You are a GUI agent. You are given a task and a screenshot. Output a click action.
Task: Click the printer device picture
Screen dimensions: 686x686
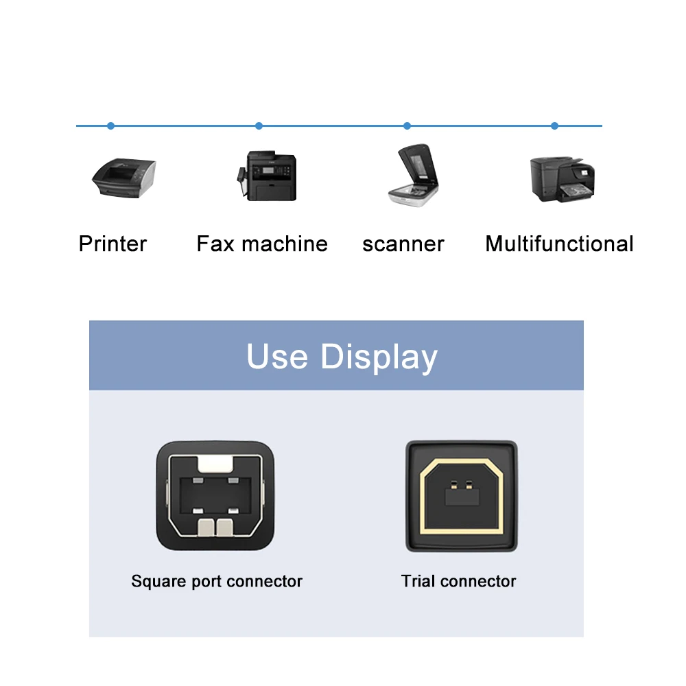(123, 177)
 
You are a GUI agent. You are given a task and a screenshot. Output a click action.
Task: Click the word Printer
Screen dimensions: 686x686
(113, 244)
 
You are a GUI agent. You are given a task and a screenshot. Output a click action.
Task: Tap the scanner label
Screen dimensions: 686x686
(403, 244)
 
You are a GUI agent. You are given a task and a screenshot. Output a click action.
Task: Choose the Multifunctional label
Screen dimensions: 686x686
(559, 244)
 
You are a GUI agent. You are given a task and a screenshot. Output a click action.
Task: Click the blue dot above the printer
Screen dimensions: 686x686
(110, 126)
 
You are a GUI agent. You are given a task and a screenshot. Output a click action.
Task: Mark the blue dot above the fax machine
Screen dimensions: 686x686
(259, 126)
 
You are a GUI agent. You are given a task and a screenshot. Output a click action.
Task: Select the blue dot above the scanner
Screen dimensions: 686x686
(407, 126)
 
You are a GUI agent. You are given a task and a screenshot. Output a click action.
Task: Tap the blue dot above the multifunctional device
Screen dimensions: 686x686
(554, 126)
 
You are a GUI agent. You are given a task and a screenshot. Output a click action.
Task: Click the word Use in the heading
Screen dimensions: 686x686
(277, 357)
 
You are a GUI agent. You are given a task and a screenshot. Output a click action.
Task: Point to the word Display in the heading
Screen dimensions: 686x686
(379, 357)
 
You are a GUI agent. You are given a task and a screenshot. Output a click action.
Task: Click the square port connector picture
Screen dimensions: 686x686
(216, 496)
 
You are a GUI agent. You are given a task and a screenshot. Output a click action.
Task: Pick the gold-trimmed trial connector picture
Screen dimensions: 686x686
(460, 496)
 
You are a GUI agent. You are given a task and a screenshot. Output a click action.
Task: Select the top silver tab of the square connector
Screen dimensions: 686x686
(216, 464)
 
